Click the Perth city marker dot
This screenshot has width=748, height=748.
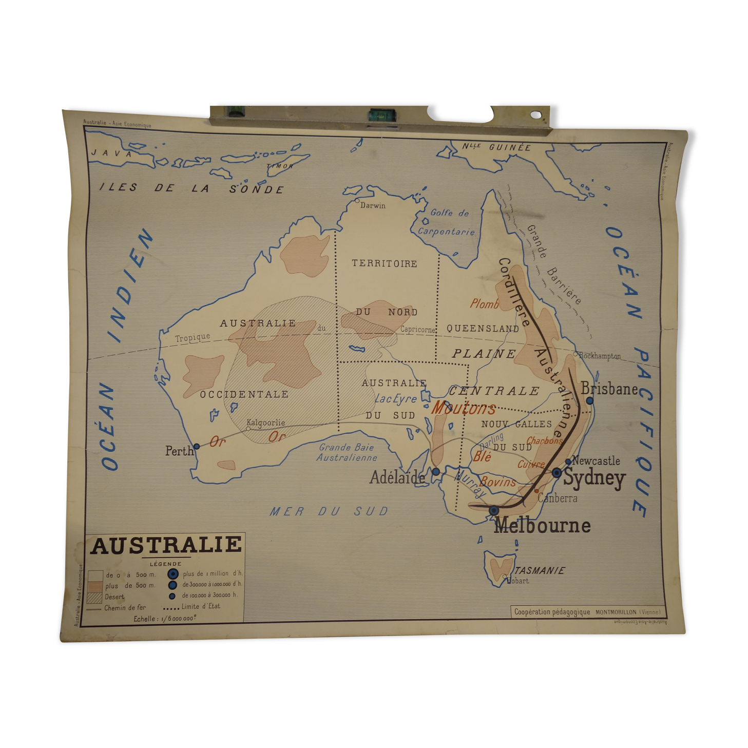196,447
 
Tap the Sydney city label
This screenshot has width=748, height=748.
594,478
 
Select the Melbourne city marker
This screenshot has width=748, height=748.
494,510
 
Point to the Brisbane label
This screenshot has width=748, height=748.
609,389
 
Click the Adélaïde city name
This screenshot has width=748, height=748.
397,477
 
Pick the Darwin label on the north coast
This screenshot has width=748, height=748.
373,205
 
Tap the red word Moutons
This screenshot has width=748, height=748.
463,408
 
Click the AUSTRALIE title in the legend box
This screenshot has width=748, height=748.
166,545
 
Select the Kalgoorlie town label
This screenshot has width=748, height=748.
265,423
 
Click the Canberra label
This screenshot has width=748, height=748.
558,498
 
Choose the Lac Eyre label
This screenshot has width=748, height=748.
395,398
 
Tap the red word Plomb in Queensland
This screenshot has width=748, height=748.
485,304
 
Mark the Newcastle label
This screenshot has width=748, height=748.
596,461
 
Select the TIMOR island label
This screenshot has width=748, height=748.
280,166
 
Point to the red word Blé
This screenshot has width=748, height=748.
482,456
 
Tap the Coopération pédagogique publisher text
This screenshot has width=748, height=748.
552,611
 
